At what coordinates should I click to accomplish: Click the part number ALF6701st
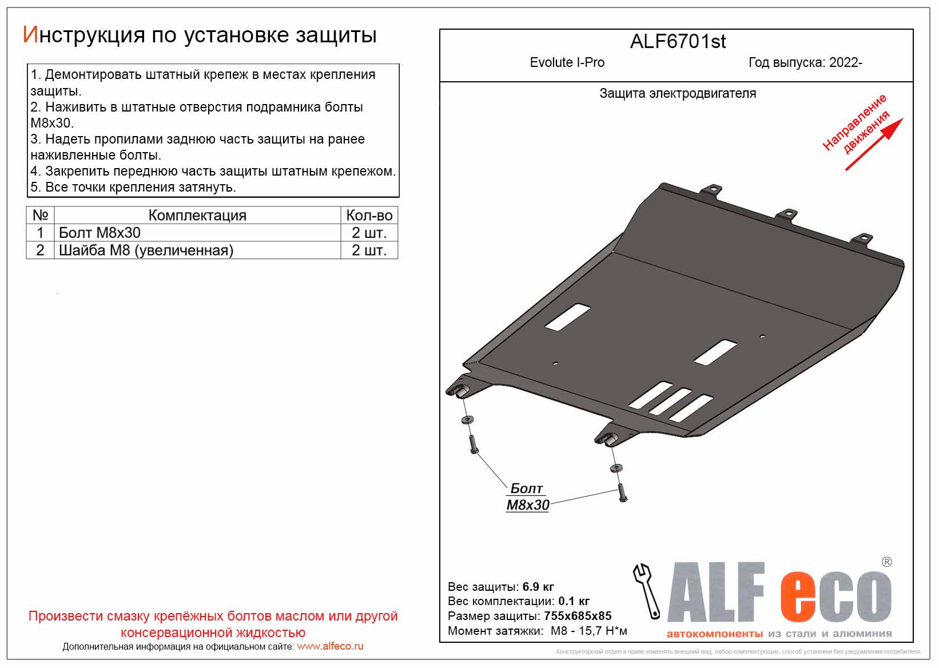tap(678, 42)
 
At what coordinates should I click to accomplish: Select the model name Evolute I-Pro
tap(567, 62)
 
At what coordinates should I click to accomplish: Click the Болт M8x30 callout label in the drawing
tap(527, 496)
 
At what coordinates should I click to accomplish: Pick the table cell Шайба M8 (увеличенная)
tap(146, 250)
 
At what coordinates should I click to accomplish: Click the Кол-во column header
tap(369, 216)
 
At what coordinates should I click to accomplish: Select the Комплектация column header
tap(197, 216)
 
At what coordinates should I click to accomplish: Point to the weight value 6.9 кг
tap(538, 587)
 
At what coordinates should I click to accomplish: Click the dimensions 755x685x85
tap(578, 616)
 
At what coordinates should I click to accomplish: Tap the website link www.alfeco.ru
tap(330, 646)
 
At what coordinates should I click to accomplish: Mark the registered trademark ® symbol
tap(886, 562)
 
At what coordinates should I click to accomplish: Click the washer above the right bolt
tap(615, 468)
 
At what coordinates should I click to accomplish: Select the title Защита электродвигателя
tap(678, 93)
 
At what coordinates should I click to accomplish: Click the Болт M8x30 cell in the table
tap(100, 233)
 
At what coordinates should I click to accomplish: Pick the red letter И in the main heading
tap(30, 35)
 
